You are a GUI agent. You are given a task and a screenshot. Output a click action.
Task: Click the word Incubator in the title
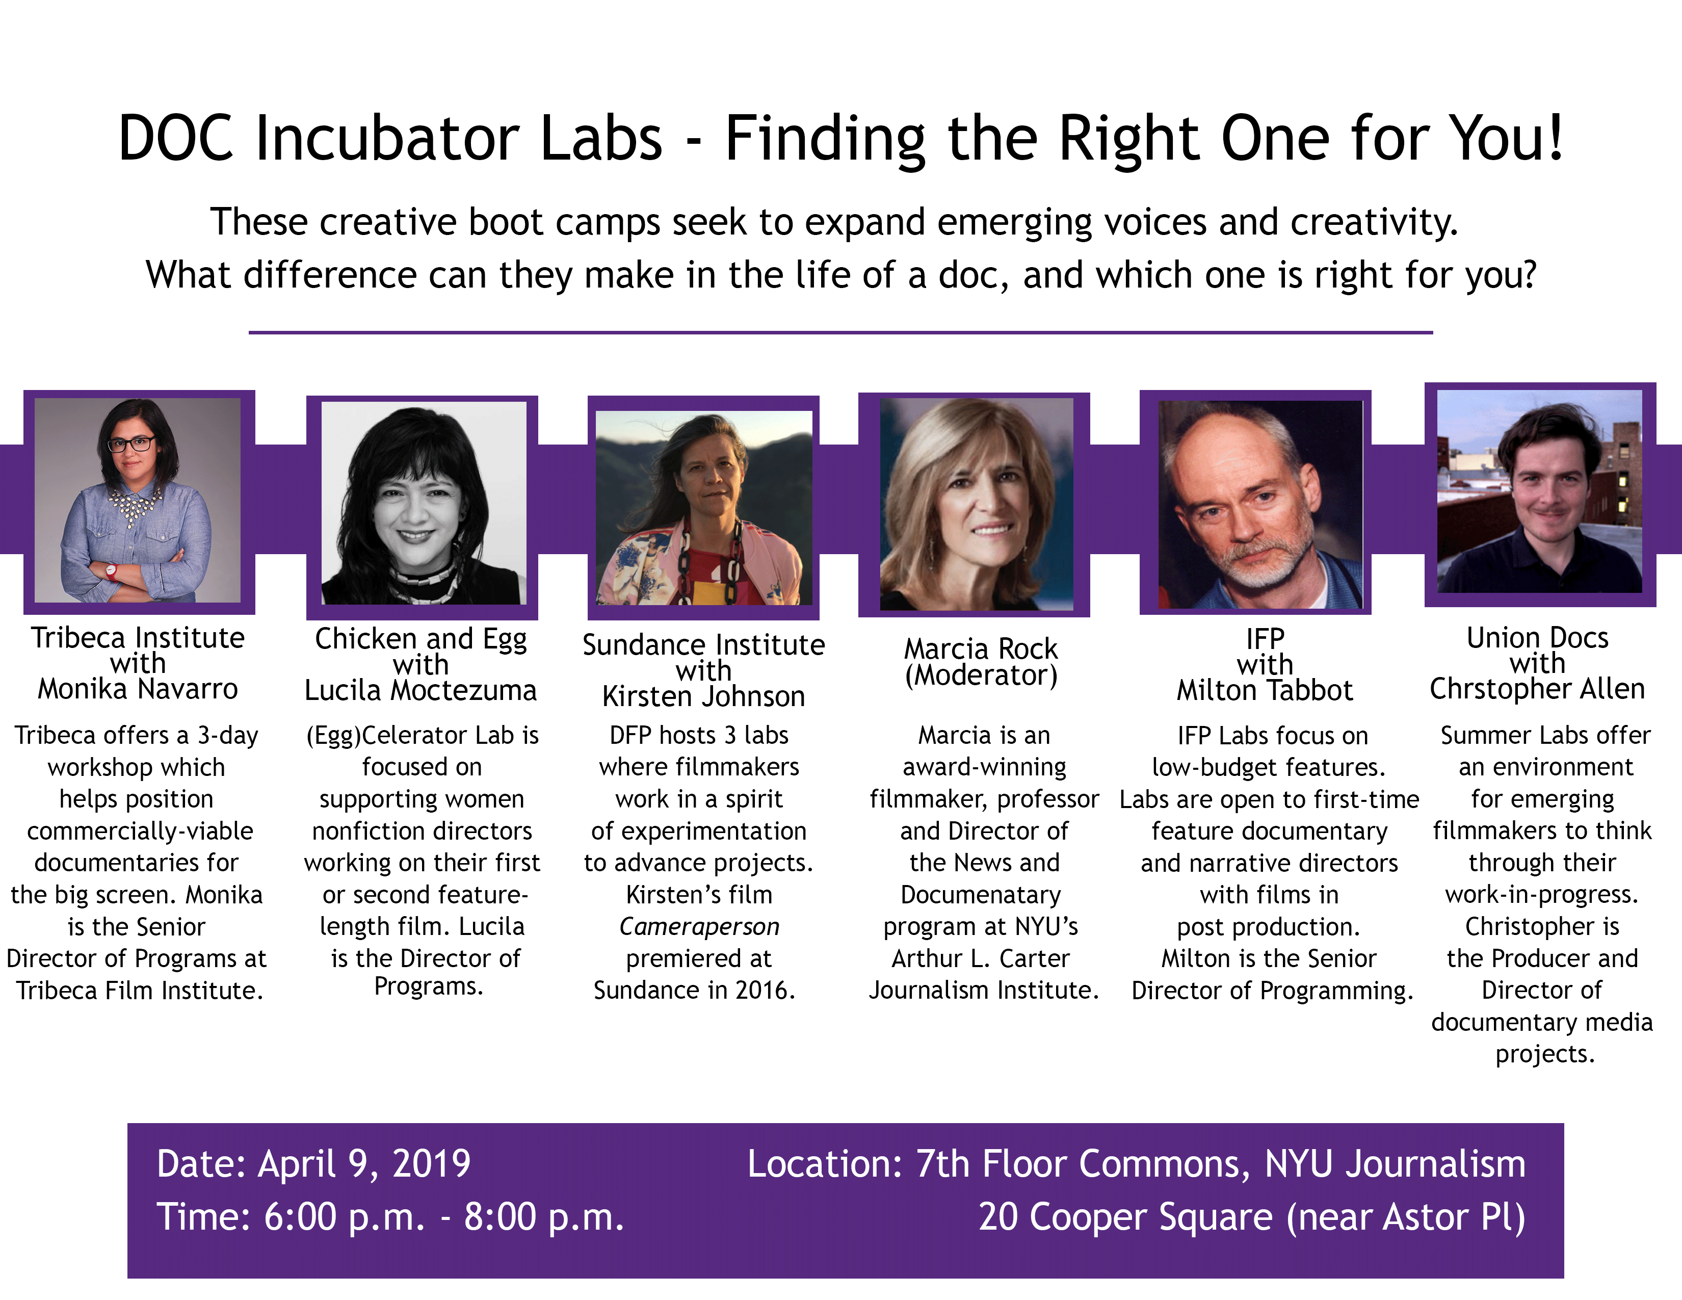pos(458,139)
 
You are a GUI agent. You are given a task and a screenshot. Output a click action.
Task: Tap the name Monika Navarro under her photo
pos(138,689)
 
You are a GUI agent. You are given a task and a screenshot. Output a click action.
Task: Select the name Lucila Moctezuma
pos(420,690)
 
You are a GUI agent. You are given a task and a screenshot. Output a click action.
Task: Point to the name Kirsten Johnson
pos(703,696)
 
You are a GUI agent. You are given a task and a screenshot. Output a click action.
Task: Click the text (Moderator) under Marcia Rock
pos(981,675)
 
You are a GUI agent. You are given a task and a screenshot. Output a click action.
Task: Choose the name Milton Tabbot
pos(1265,690)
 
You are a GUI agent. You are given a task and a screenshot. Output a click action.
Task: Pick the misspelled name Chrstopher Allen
pos(1537,689)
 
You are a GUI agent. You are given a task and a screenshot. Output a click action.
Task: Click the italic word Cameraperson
pos(699,926)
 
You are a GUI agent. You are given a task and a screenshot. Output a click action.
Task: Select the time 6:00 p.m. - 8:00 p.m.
pos(443,1217)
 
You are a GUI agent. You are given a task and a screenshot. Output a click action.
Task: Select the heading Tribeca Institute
pos(138,638)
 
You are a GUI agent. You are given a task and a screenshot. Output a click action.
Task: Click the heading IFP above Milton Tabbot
pos(1265,638)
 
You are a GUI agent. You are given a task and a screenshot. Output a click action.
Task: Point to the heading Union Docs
pos(1537,638)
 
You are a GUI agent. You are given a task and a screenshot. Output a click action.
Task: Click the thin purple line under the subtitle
pos(840,333)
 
